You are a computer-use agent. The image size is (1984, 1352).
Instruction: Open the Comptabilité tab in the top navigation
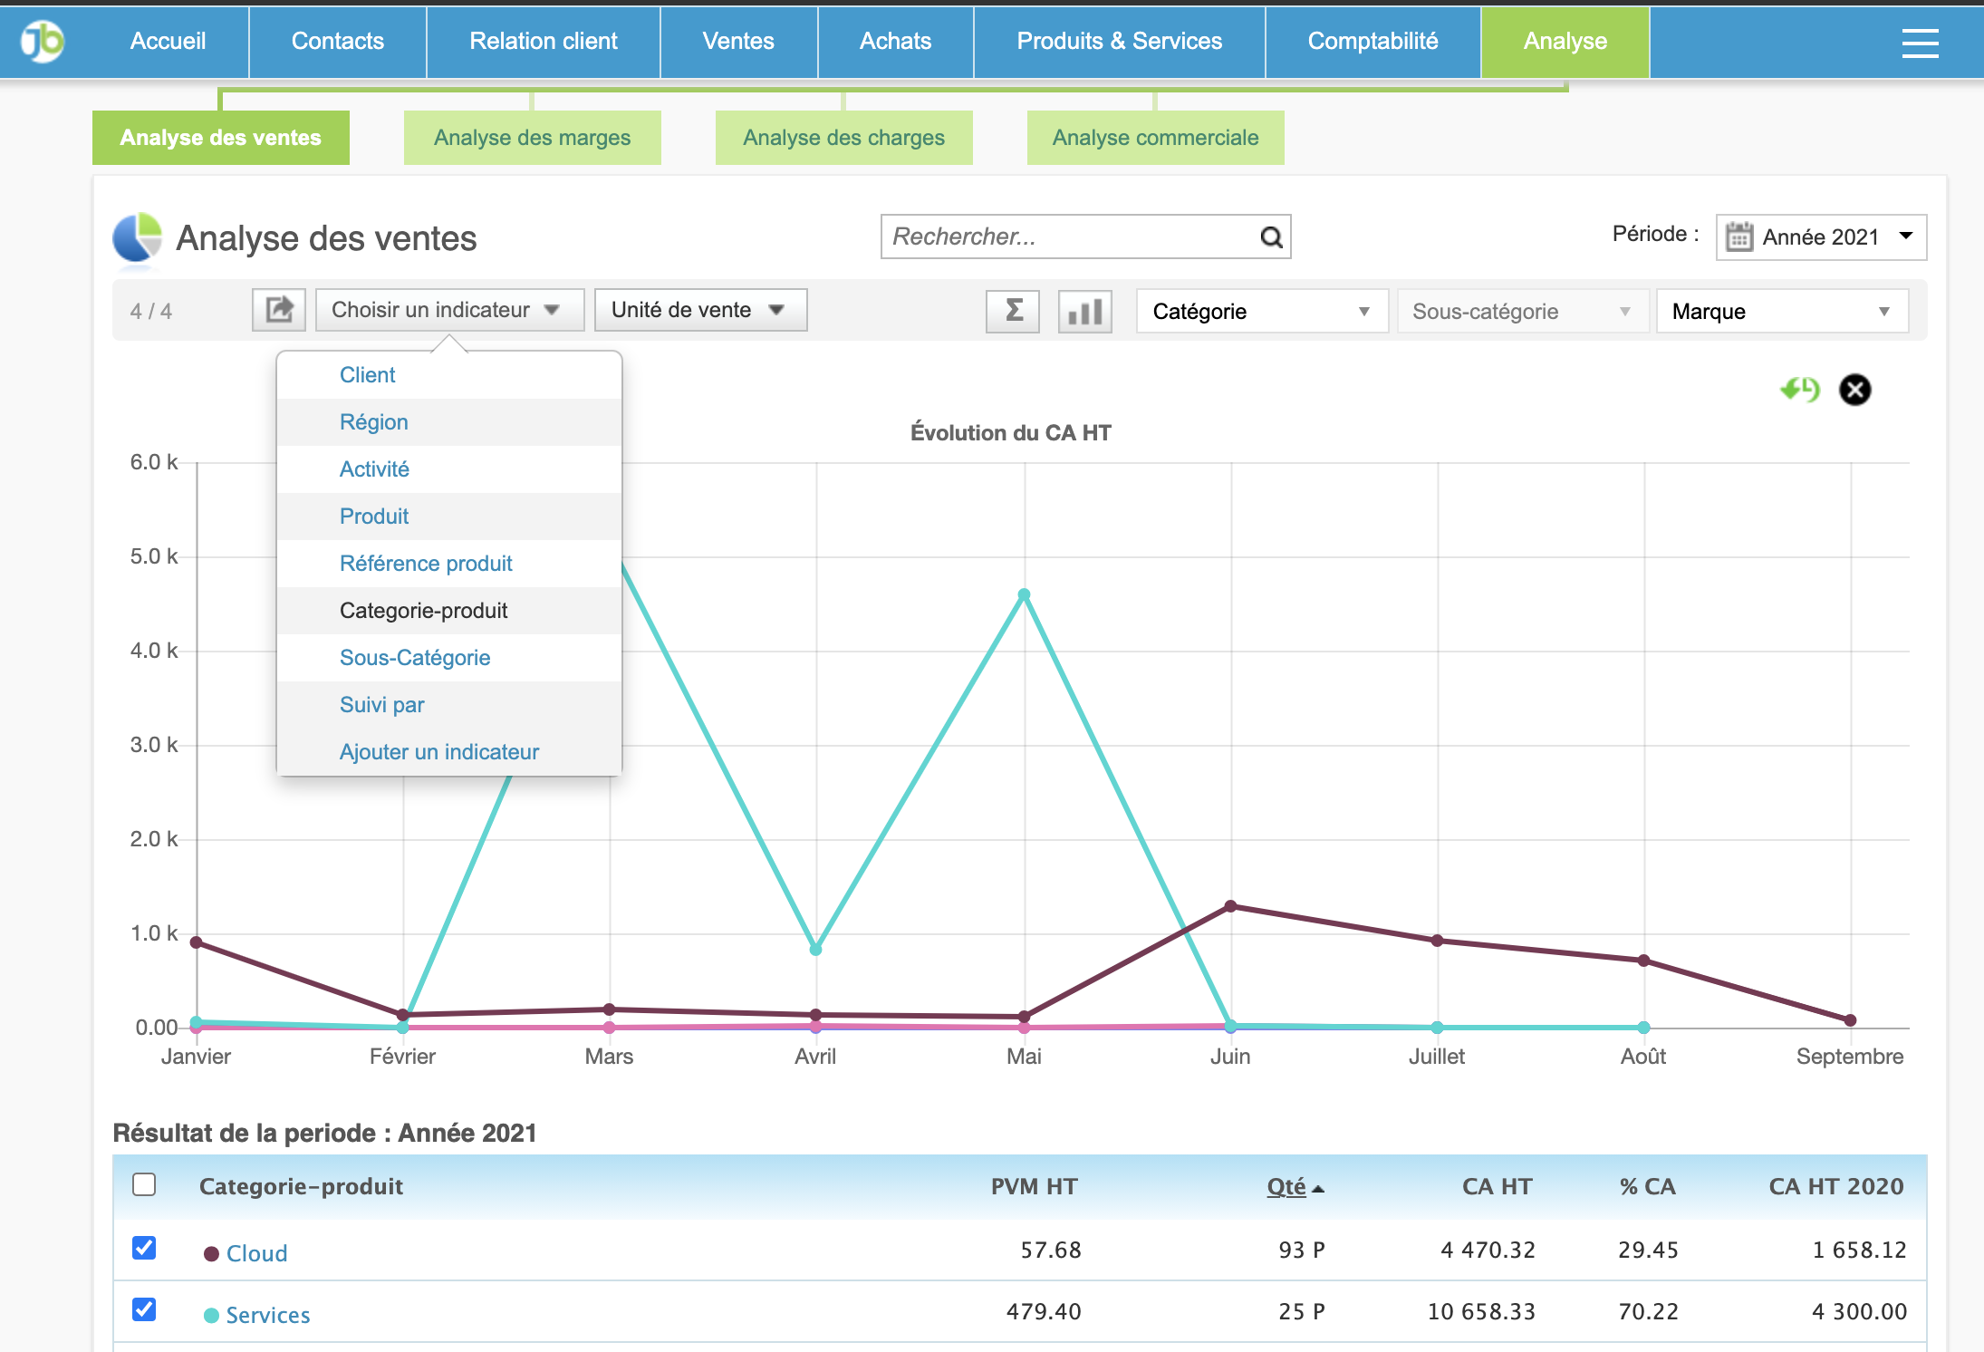(x=1372, y=42)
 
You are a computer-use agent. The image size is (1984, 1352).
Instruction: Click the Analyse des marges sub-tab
(x=532, y=138)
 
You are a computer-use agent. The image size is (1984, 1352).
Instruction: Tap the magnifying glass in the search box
(x=1271, y=237)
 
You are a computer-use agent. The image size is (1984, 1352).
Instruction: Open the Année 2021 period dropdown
(x=1821, y=237)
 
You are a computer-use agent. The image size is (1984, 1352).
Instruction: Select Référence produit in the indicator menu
(x=426, y=564)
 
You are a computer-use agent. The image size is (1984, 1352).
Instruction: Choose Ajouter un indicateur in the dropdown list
(x=438, y=752)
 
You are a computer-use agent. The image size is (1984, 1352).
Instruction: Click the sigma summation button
(x=1013, y=311)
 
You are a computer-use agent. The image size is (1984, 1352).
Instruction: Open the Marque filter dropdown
(x=1781, y=312)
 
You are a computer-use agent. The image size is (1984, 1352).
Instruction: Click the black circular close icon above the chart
(x=1854, y=390)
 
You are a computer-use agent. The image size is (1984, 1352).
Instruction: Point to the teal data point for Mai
(x=1024, y=595)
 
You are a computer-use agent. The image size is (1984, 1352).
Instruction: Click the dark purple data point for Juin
(x=1230, y=906)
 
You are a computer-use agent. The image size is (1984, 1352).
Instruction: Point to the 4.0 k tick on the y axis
(x=154, y=651)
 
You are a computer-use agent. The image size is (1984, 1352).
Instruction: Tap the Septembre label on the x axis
(x=1849, y=1057)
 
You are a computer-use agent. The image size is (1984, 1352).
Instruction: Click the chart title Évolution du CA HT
(x=1010, y=433)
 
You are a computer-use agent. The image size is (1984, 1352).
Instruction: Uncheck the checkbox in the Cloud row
(x=144, y=1248)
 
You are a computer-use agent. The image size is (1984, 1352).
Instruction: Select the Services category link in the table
(x=267, y=1315)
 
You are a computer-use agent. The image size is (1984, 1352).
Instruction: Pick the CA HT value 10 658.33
(x=1481, y=1311)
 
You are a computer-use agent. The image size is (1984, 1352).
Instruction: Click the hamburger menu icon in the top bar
(x=1920, y=42)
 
